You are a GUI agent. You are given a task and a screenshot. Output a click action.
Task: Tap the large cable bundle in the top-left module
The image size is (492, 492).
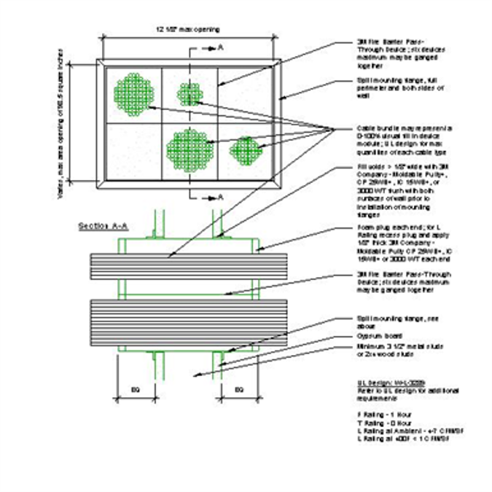[133, 93]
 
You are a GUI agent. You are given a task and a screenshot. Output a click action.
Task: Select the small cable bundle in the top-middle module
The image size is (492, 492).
[190, 93]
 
